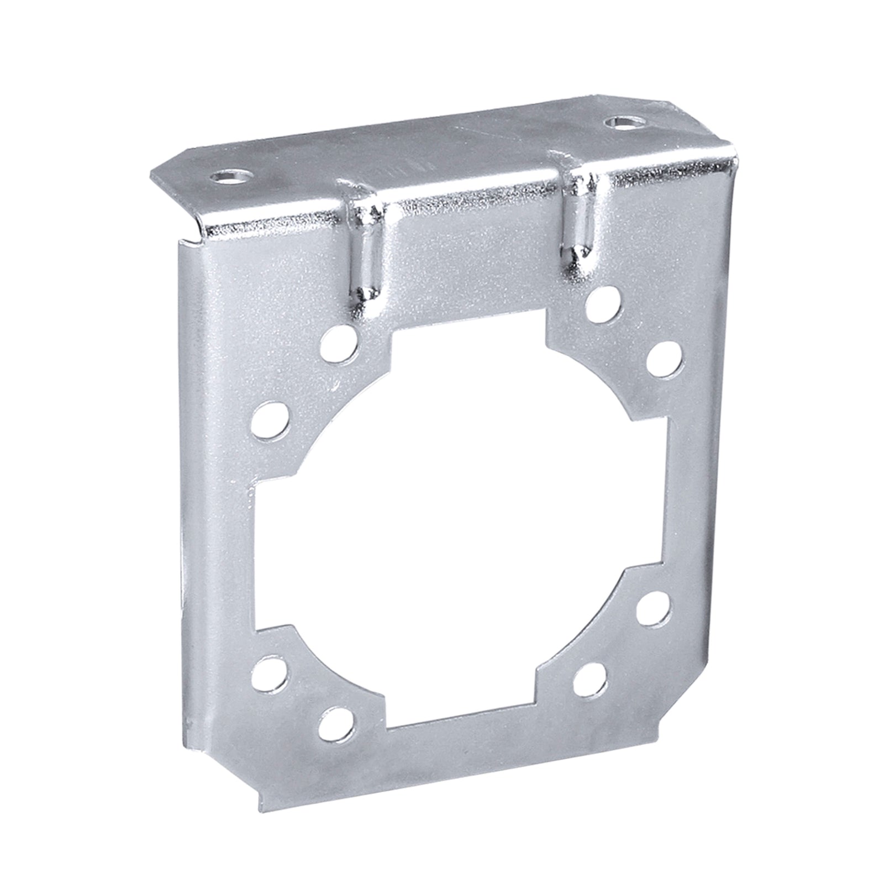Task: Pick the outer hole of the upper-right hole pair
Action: [x=662, y=359]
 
